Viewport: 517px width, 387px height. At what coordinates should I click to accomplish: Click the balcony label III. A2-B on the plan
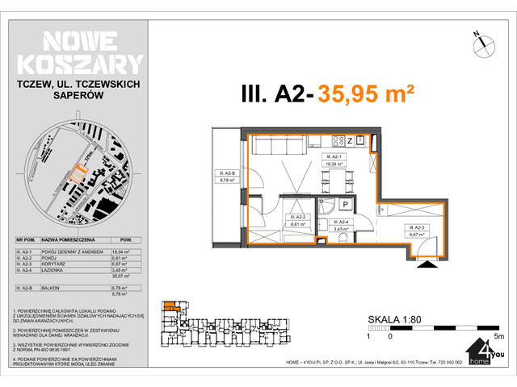point(226,177)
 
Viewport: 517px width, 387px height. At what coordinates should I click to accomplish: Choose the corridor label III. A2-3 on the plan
point(418,231)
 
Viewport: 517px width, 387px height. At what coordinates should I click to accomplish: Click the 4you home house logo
point(481,354)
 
